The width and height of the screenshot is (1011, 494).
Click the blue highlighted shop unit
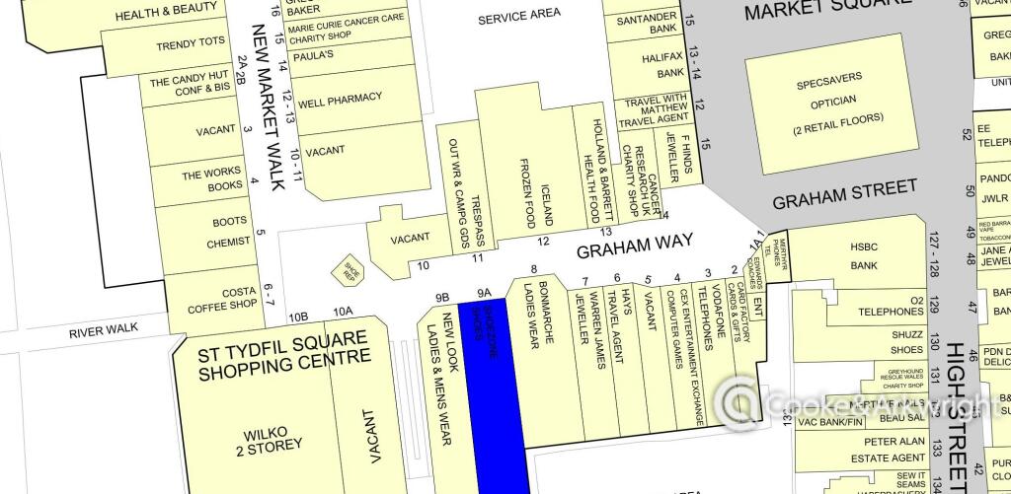pyautogui.click(x=494, y=394)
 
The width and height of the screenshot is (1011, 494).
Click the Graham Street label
pyautogui.click(x=844, y=193)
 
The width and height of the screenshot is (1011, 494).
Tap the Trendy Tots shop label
pyautogui.click(x=192, y=45)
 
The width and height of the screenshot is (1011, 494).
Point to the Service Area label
pyautogui.click(x=518, y=14)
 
